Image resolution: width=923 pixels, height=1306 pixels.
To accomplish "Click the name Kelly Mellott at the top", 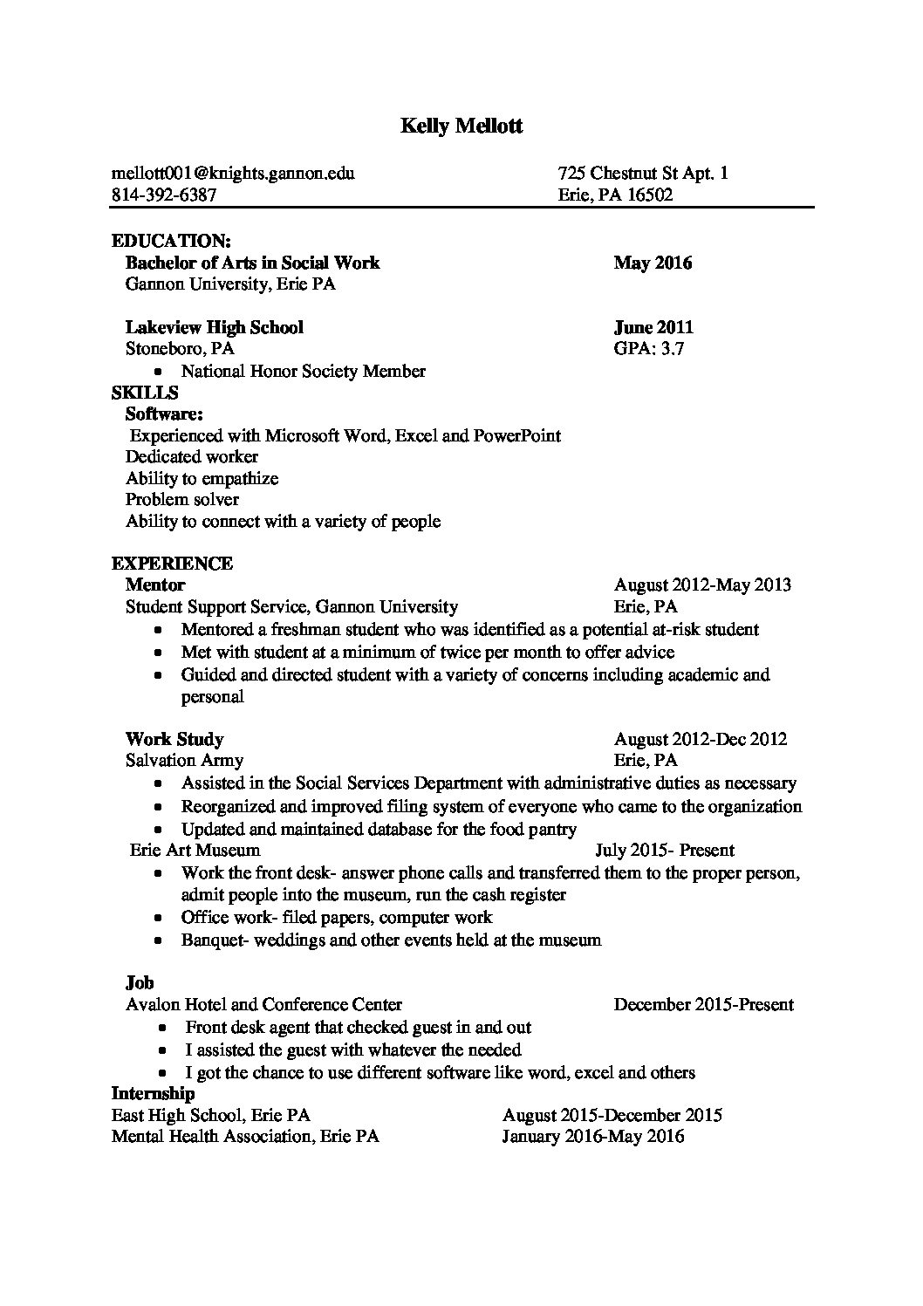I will [x=461, y=126].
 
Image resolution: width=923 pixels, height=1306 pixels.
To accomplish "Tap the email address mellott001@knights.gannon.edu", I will [x=233, y=173].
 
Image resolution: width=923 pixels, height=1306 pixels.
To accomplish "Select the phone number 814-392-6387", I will [x=164, y=195].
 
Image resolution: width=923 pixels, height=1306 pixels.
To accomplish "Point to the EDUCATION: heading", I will [x=171, y=241].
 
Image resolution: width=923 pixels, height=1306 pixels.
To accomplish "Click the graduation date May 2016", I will [x=653, y=263].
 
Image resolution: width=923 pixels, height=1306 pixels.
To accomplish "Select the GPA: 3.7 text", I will [x=649, y=349].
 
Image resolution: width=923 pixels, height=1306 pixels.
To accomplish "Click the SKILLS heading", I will [x=145, y=393].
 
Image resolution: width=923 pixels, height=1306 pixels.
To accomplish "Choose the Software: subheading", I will [x=165, y=414].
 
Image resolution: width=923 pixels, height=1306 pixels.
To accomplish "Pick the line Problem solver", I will [x=182, y=499].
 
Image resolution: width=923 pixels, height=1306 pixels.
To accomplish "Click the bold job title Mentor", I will [x=155, y=585].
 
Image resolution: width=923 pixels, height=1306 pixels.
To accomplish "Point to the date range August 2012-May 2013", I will [x=702, y=585].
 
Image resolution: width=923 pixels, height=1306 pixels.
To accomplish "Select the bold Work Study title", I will [x=174, y=739].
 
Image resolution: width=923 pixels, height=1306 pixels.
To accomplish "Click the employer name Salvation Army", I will [x=185, y=760].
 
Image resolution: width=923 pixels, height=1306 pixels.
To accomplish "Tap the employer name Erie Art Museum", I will [x=195, y=850].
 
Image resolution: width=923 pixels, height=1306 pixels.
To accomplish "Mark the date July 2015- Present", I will [x=665, y=850].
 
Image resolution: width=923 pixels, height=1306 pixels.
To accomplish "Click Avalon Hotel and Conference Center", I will [x=264, y=1004].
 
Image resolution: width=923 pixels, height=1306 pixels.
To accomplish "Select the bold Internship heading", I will [x=153, y=1093].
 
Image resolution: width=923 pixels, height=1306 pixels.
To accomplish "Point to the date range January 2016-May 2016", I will [x=593, y=1136].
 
